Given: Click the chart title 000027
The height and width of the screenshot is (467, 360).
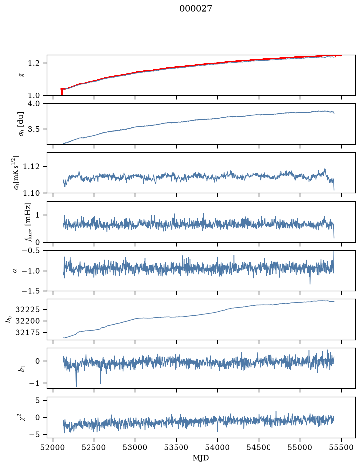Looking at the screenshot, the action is (x=195, y=9).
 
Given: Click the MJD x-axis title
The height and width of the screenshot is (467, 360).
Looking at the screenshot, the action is (x=201, y=458).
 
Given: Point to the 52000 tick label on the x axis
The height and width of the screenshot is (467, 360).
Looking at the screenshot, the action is (x=53, y=447).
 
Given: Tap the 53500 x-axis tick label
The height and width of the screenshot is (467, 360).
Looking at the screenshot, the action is (x=177, y=447).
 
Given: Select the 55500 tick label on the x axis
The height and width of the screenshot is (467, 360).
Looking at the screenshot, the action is (x=341, y=447).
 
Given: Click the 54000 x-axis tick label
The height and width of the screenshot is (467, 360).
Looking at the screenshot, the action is (x=217, y=447).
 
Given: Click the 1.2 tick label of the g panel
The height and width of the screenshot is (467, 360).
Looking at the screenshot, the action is (x=34, y=63).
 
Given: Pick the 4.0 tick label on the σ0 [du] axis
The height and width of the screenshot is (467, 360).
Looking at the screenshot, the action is (x=34, y=103).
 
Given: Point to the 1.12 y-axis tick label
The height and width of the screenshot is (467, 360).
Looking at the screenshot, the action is (x=31, y=166).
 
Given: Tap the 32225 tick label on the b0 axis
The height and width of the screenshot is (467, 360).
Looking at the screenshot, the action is (x=27, y=310).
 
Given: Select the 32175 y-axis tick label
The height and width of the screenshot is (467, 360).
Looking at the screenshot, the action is (x=27, y=332).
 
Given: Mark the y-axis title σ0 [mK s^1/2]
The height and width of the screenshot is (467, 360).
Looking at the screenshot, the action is (x=17, y=173).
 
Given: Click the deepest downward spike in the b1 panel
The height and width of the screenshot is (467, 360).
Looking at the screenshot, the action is (x=76, y=386).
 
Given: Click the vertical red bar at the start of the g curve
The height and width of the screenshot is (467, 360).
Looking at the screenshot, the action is (x=62, y=92).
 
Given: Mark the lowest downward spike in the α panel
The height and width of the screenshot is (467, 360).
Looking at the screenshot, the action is (x=310, y=284).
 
